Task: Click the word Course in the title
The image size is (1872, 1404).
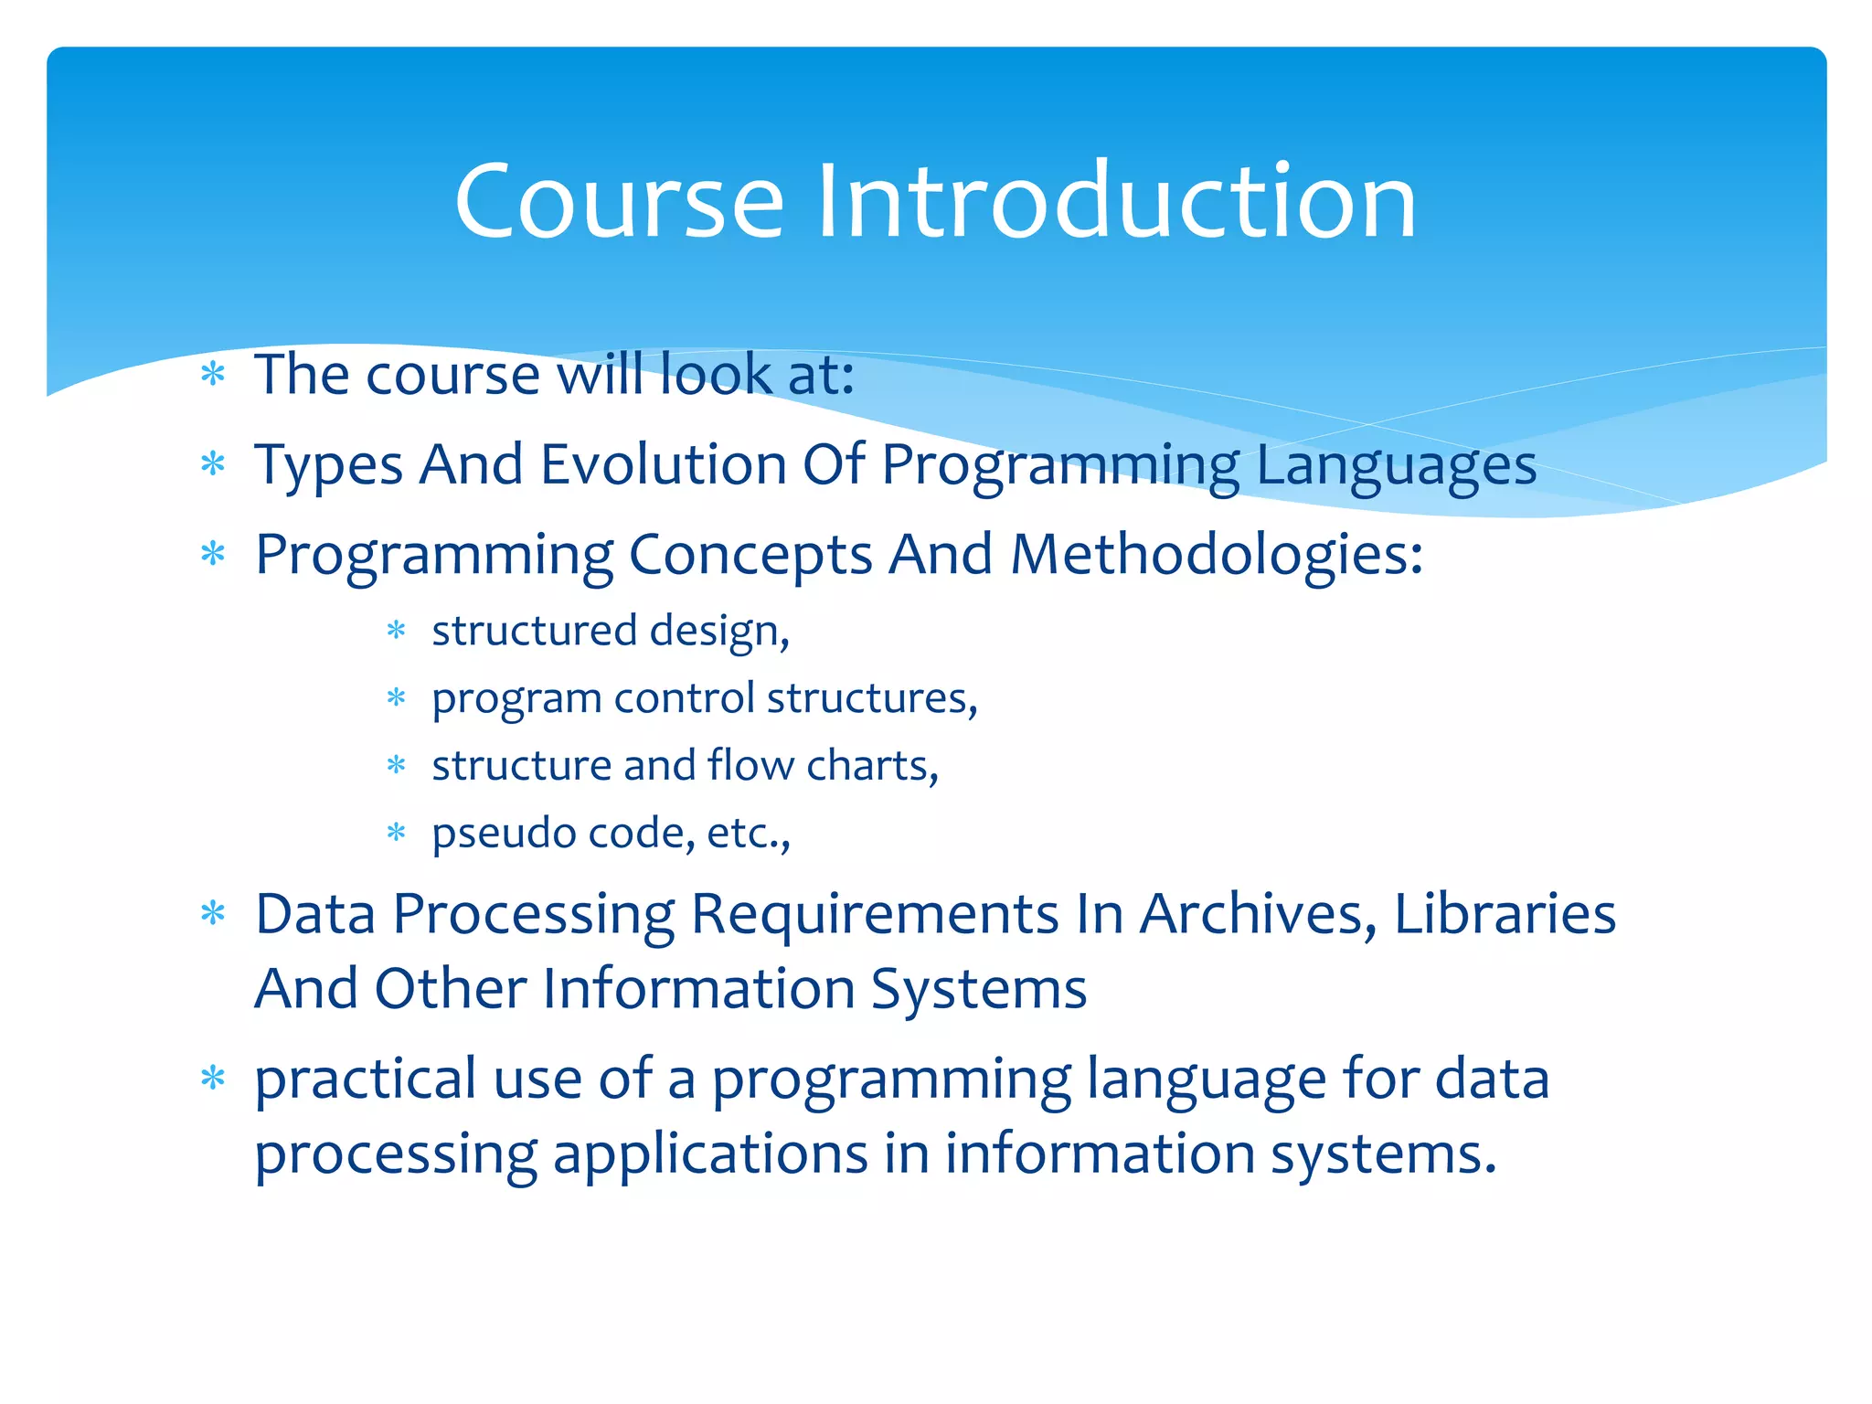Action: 619,201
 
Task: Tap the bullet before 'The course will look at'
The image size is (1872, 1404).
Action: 213,374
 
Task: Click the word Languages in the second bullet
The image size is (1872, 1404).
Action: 1396,466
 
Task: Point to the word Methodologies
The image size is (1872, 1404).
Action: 1216,555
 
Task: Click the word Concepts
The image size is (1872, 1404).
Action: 750,555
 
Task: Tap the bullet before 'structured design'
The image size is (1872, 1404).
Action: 396,631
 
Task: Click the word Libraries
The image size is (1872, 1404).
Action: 1505,914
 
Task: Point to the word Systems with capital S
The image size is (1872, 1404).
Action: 978,990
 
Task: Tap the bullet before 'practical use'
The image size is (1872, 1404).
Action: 213,1079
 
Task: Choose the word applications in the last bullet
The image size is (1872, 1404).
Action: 709,1154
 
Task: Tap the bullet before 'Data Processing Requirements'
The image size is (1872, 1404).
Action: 213,913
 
